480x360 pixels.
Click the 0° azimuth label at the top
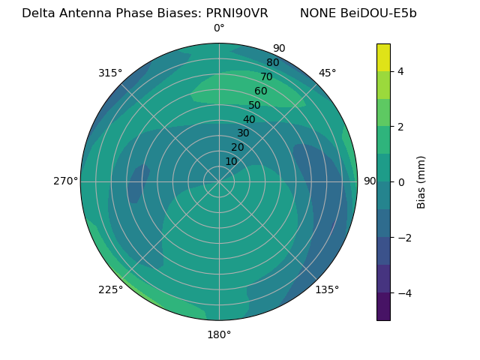click(219, 28)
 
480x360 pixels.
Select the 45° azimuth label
click(328, 73)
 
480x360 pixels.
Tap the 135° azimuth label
click(327, 289)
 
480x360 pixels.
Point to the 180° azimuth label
click(219, 334)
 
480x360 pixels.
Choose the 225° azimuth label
click(110, 290)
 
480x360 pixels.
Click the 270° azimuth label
click(65, 181)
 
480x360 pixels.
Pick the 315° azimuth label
click(110, 73)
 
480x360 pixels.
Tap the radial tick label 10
click(231, 161)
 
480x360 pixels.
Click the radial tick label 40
click(249, 119)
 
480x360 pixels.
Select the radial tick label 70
click(266, 76)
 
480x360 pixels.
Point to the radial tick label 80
click(272, 63)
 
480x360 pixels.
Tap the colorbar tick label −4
click(403, 292)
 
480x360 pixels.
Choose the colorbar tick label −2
click(403, 238)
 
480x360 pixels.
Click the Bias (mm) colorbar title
click(421, 182)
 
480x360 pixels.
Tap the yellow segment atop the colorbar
click(383, 58)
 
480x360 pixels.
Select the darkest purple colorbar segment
click(383, 306)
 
